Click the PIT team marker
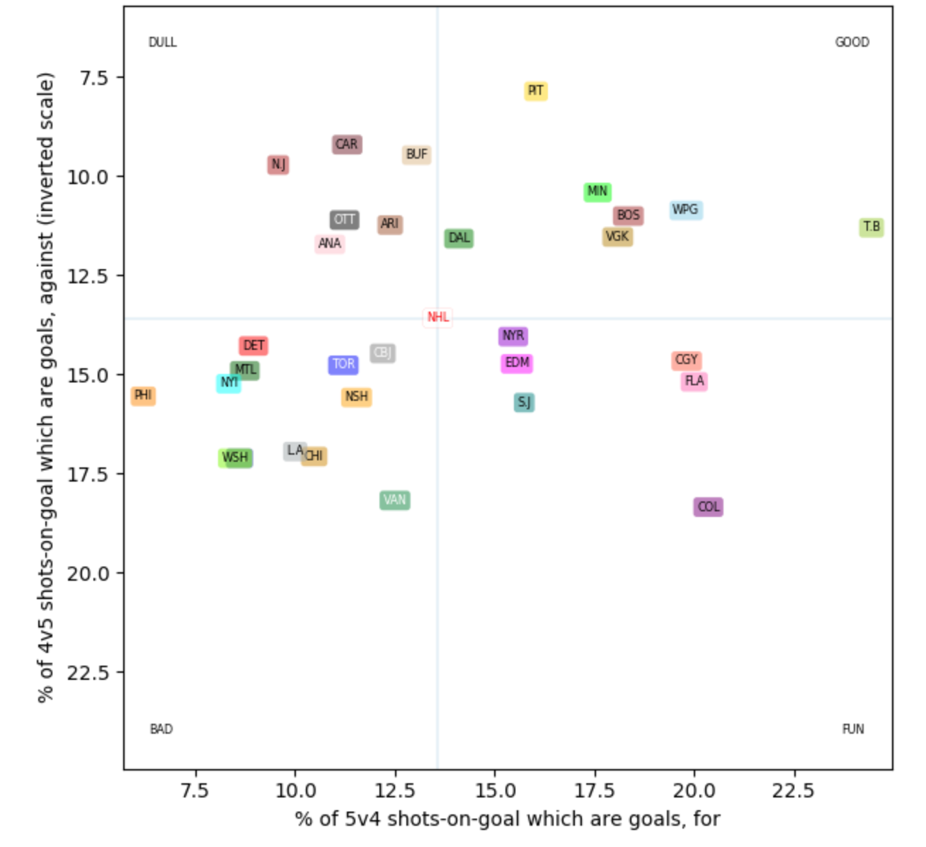pos(535,91)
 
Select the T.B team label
pos(871,227)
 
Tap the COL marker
pos(708,507)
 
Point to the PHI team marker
pos(143,396)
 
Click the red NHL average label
pos(438,317)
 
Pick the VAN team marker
pos(394,501)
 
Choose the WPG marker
pos(685,210)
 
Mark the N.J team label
pos(278,165)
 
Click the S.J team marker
pos(524,403)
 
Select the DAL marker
pos(459,239)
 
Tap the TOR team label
pos(343,365)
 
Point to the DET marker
pos(253,346)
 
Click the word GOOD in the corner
pos(852,42)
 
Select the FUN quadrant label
pos(852,729)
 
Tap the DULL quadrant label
pos(162,42)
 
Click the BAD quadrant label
pos(161,729)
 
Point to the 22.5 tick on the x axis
pos(794,790)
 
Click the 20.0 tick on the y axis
pos(88,574)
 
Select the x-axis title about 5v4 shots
pos(507,819)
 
